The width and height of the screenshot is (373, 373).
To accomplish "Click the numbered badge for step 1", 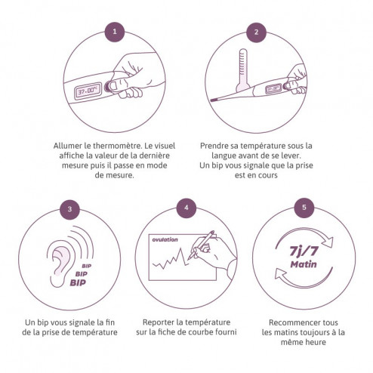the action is click(115, 32).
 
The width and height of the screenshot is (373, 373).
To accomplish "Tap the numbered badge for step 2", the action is click(256, 32).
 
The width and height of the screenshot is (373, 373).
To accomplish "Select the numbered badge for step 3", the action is click(69, 209).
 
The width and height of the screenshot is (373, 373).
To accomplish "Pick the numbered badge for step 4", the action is click(186, 208).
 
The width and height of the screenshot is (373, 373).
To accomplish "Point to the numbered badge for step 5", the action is click(304, 208).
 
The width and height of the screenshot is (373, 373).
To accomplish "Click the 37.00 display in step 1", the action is click(88, 91).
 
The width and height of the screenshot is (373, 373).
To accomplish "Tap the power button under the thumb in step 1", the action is click(107, 86).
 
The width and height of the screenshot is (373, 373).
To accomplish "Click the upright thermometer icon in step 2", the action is click(242, 70).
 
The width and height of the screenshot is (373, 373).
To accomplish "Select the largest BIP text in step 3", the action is click(78, 282).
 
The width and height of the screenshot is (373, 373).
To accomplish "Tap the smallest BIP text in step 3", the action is click(87, 266).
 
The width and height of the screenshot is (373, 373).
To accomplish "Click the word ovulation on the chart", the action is click(165, 239).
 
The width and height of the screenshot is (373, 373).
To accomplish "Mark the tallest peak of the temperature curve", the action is click(180, 249).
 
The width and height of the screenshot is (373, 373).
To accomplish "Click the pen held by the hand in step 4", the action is click(202, 245).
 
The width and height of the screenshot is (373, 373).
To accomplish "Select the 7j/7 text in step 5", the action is click(304, 251).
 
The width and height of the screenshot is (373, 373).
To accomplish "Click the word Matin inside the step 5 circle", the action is click(304, 264).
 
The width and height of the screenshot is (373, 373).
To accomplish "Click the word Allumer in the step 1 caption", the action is click(68, 146).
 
